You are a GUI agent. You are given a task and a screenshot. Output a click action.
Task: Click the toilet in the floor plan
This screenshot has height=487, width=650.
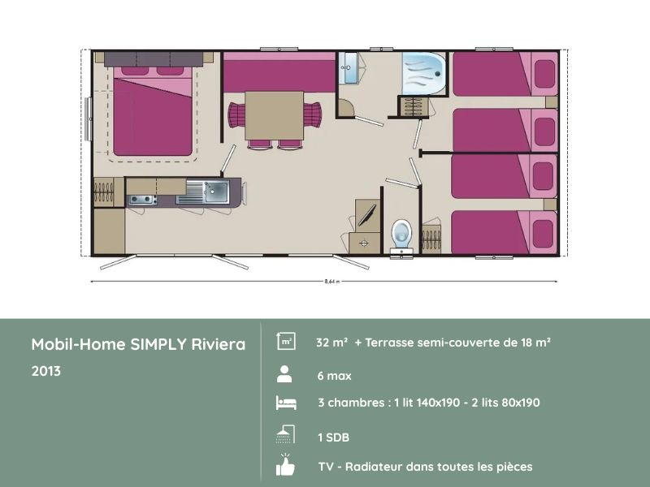[x=401, y=232]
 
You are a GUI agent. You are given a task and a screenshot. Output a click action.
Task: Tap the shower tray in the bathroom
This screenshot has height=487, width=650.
[x=422, y=74]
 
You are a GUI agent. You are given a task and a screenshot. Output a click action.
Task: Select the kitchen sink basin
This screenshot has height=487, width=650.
[x=215, y=192]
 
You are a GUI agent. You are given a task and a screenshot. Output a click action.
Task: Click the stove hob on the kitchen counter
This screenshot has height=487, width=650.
[x=142, y=200]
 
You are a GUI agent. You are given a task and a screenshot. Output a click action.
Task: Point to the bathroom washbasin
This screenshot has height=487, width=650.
[x=349, y=67]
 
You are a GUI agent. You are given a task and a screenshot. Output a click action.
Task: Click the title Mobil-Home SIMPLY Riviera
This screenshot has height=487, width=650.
[x=138, y=344]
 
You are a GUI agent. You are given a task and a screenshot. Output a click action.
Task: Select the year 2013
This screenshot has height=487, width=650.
[x=45, y=371]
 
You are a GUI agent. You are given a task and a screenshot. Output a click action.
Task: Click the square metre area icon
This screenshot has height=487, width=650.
[x=285, y=342]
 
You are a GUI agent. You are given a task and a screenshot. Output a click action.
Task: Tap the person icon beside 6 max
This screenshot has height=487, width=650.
[x=284, y=374]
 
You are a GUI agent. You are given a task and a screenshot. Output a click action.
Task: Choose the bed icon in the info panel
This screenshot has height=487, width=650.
[x=285, y=403]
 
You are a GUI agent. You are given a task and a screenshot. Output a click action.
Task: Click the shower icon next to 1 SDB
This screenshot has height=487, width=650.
[x=284, y=435]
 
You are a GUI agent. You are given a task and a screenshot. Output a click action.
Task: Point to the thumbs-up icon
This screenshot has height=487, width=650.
[x=285, y=465]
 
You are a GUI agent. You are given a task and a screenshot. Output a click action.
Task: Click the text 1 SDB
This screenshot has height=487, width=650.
[x=333, y=437]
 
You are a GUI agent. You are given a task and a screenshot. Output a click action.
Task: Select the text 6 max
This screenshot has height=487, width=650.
[x=334, y=376]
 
